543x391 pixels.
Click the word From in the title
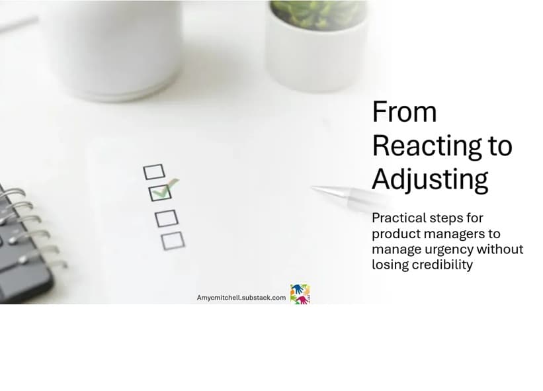coord(404,112)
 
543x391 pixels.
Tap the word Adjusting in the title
coord(430,179)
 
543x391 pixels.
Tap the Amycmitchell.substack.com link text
coord(241,298)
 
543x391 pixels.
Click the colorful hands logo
coord(300,294)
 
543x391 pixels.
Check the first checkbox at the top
coord(153,172)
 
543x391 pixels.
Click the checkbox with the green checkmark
coord(160,193)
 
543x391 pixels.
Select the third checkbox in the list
coord(167,218)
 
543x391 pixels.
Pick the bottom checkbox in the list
coord(173,240)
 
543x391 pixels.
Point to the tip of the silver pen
coord(315,189)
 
